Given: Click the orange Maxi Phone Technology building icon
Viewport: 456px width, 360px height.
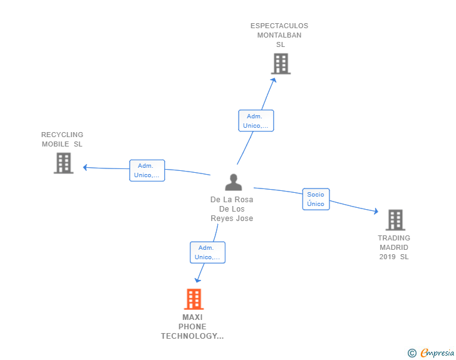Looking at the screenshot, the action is tap(194, 299).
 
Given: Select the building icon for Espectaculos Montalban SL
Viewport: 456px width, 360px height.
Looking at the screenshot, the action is tap(281, 64).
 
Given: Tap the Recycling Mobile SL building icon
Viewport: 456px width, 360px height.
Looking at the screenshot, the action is tap(64, 163).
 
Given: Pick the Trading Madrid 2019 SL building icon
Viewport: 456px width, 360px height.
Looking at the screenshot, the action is tap(395, 220).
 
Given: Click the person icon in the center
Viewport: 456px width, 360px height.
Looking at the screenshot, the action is tap(233, 182).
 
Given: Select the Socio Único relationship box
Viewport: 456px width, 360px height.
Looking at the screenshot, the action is tap(316, 199).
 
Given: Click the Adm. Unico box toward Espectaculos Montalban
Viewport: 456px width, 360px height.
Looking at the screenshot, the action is tap(256, 121).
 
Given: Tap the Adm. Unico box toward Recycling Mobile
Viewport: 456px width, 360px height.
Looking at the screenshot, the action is tap(147, 170).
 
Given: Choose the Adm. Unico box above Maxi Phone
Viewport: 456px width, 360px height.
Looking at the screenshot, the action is tap(208, 252).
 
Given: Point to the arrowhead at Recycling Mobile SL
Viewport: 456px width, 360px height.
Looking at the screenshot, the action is tap(85, 167).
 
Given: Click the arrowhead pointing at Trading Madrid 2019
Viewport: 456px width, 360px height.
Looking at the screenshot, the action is tap(376, 211).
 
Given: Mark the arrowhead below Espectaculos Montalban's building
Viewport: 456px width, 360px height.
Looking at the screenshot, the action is tap(274, 80).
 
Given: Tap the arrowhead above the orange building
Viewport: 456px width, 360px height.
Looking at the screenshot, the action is tap(198, 280).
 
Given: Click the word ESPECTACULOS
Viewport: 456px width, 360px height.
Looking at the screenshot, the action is tap(279, 26).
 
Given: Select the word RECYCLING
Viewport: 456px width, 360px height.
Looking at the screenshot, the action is tap(62, 135).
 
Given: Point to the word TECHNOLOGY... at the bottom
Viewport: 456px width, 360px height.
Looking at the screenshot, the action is tap(192, 336).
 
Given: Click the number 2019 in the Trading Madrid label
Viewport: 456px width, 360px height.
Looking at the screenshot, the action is tap(387, 257).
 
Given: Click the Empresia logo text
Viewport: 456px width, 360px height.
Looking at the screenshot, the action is tap(437, 352).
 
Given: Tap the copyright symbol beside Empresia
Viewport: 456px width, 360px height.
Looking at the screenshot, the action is tap(412, 353).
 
